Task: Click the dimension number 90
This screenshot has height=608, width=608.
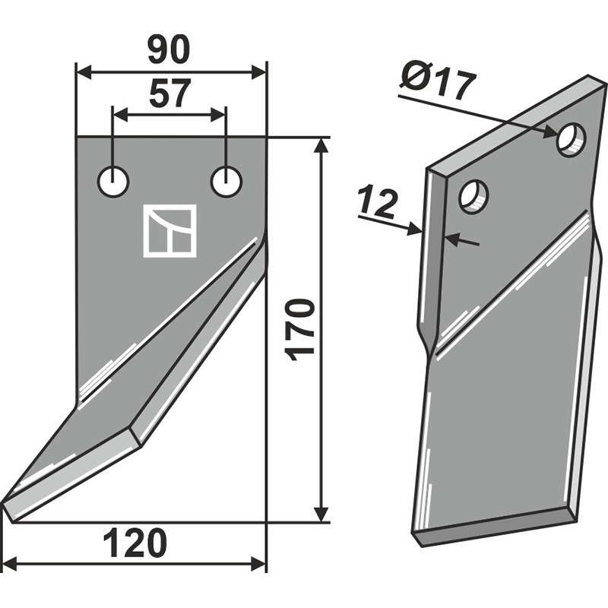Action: point(170,51)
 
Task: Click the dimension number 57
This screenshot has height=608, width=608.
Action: point(170,93)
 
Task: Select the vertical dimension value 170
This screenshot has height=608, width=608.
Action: point(299,330)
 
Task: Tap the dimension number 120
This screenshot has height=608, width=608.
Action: point(135,543)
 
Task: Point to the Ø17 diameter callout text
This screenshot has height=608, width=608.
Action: point(436,85)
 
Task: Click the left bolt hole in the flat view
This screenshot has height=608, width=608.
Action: point(113,182)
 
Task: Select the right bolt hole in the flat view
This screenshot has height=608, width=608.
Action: point(226,182)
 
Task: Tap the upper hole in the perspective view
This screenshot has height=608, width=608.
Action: point(572,140)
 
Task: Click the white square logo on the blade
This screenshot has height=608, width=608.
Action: point(169,231)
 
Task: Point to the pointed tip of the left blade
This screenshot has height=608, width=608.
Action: point(3,503)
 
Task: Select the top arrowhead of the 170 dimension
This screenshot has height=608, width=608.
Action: point(320,147)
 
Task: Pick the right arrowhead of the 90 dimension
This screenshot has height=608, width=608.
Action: point(258,72)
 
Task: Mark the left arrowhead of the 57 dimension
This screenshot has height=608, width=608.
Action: point(121,116)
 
